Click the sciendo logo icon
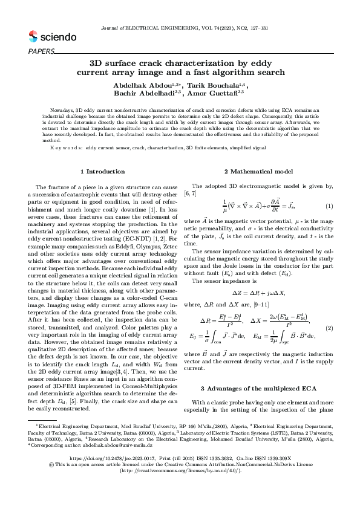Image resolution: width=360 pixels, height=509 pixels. [x=33, y=37]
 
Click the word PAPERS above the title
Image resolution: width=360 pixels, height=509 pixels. [x=41, y=51]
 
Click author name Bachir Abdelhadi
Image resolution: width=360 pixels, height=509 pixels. [x=144, y=94]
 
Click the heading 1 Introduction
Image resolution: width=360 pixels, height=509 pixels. [x=102, y=172]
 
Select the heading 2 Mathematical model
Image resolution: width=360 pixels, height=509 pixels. [x=257, y=172]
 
